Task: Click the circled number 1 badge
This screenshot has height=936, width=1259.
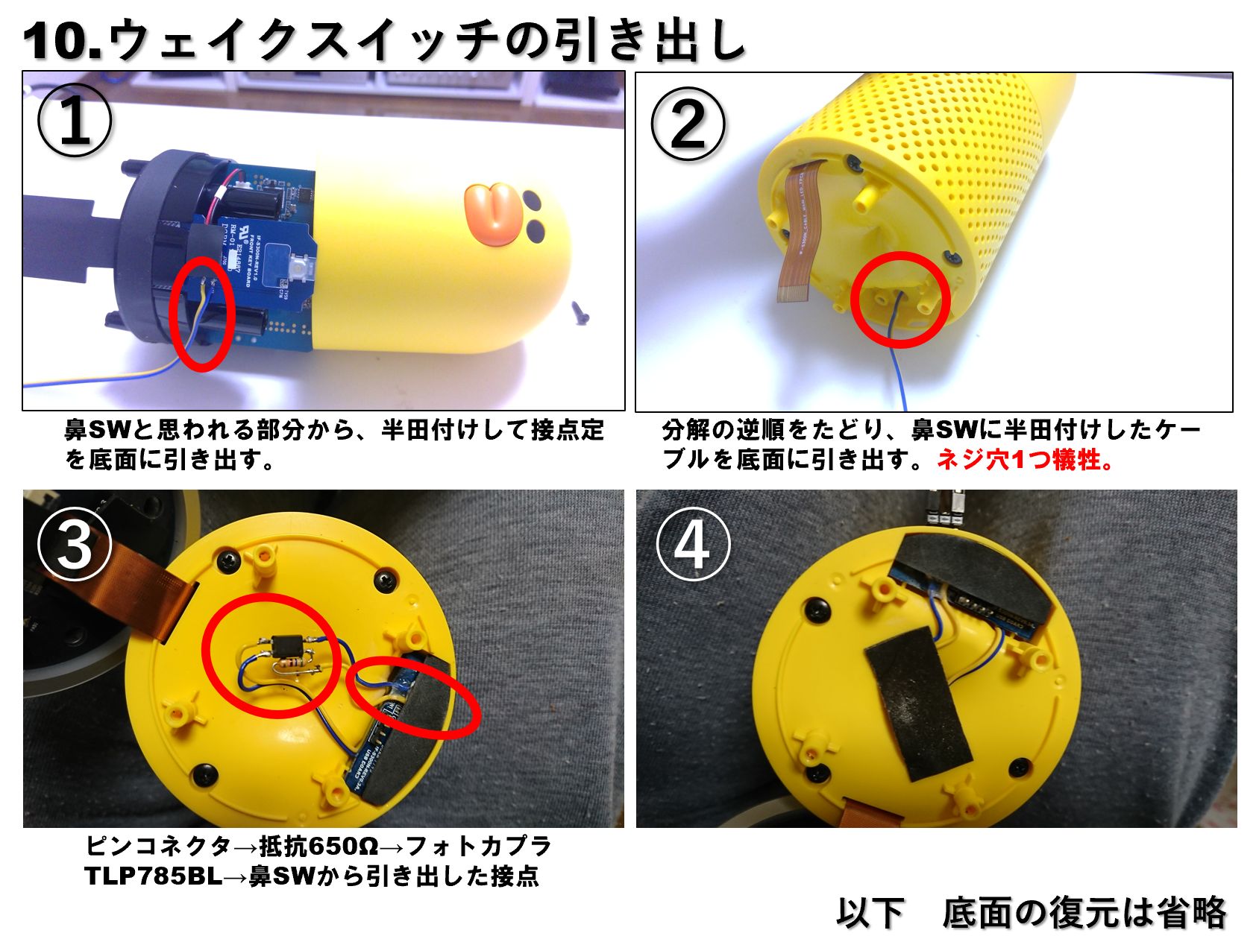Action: [75, 120]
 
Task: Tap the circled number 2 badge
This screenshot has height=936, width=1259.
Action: [688, 124]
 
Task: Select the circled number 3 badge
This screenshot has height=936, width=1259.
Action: [75, 545]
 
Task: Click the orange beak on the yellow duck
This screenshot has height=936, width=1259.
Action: [493, 212]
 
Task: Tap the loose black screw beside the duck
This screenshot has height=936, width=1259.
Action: [581, 312]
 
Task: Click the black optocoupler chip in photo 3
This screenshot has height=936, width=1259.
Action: [286, 645]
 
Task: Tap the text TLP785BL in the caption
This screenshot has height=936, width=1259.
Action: [153, 876]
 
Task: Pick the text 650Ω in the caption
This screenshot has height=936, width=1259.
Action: [343, 847]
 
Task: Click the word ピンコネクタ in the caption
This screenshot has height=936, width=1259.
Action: [158, 847]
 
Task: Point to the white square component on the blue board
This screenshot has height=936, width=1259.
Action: [298, 268]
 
